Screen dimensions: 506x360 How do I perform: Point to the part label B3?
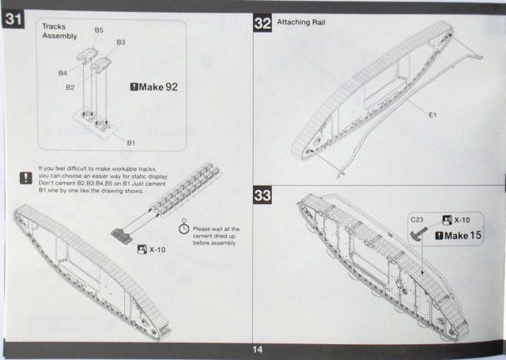(121, 41)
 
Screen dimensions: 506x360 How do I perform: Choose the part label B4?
(62, 73)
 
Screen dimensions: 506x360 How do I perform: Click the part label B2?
(70, 86)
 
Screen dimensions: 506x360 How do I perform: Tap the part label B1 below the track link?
(132, 142)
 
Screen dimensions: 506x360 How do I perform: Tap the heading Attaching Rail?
(299, 22)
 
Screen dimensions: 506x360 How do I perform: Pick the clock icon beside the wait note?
(183, 225)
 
